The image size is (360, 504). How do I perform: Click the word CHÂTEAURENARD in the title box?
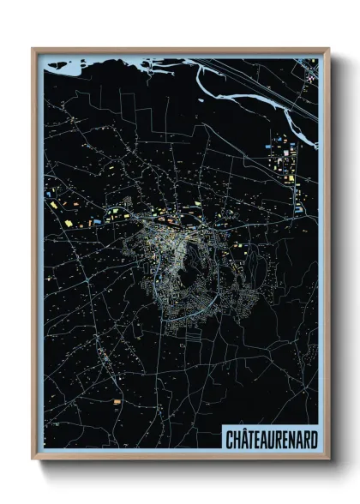tap(271, 439)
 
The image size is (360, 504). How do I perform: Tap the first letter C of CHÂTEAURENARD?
tap(229, 439)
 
